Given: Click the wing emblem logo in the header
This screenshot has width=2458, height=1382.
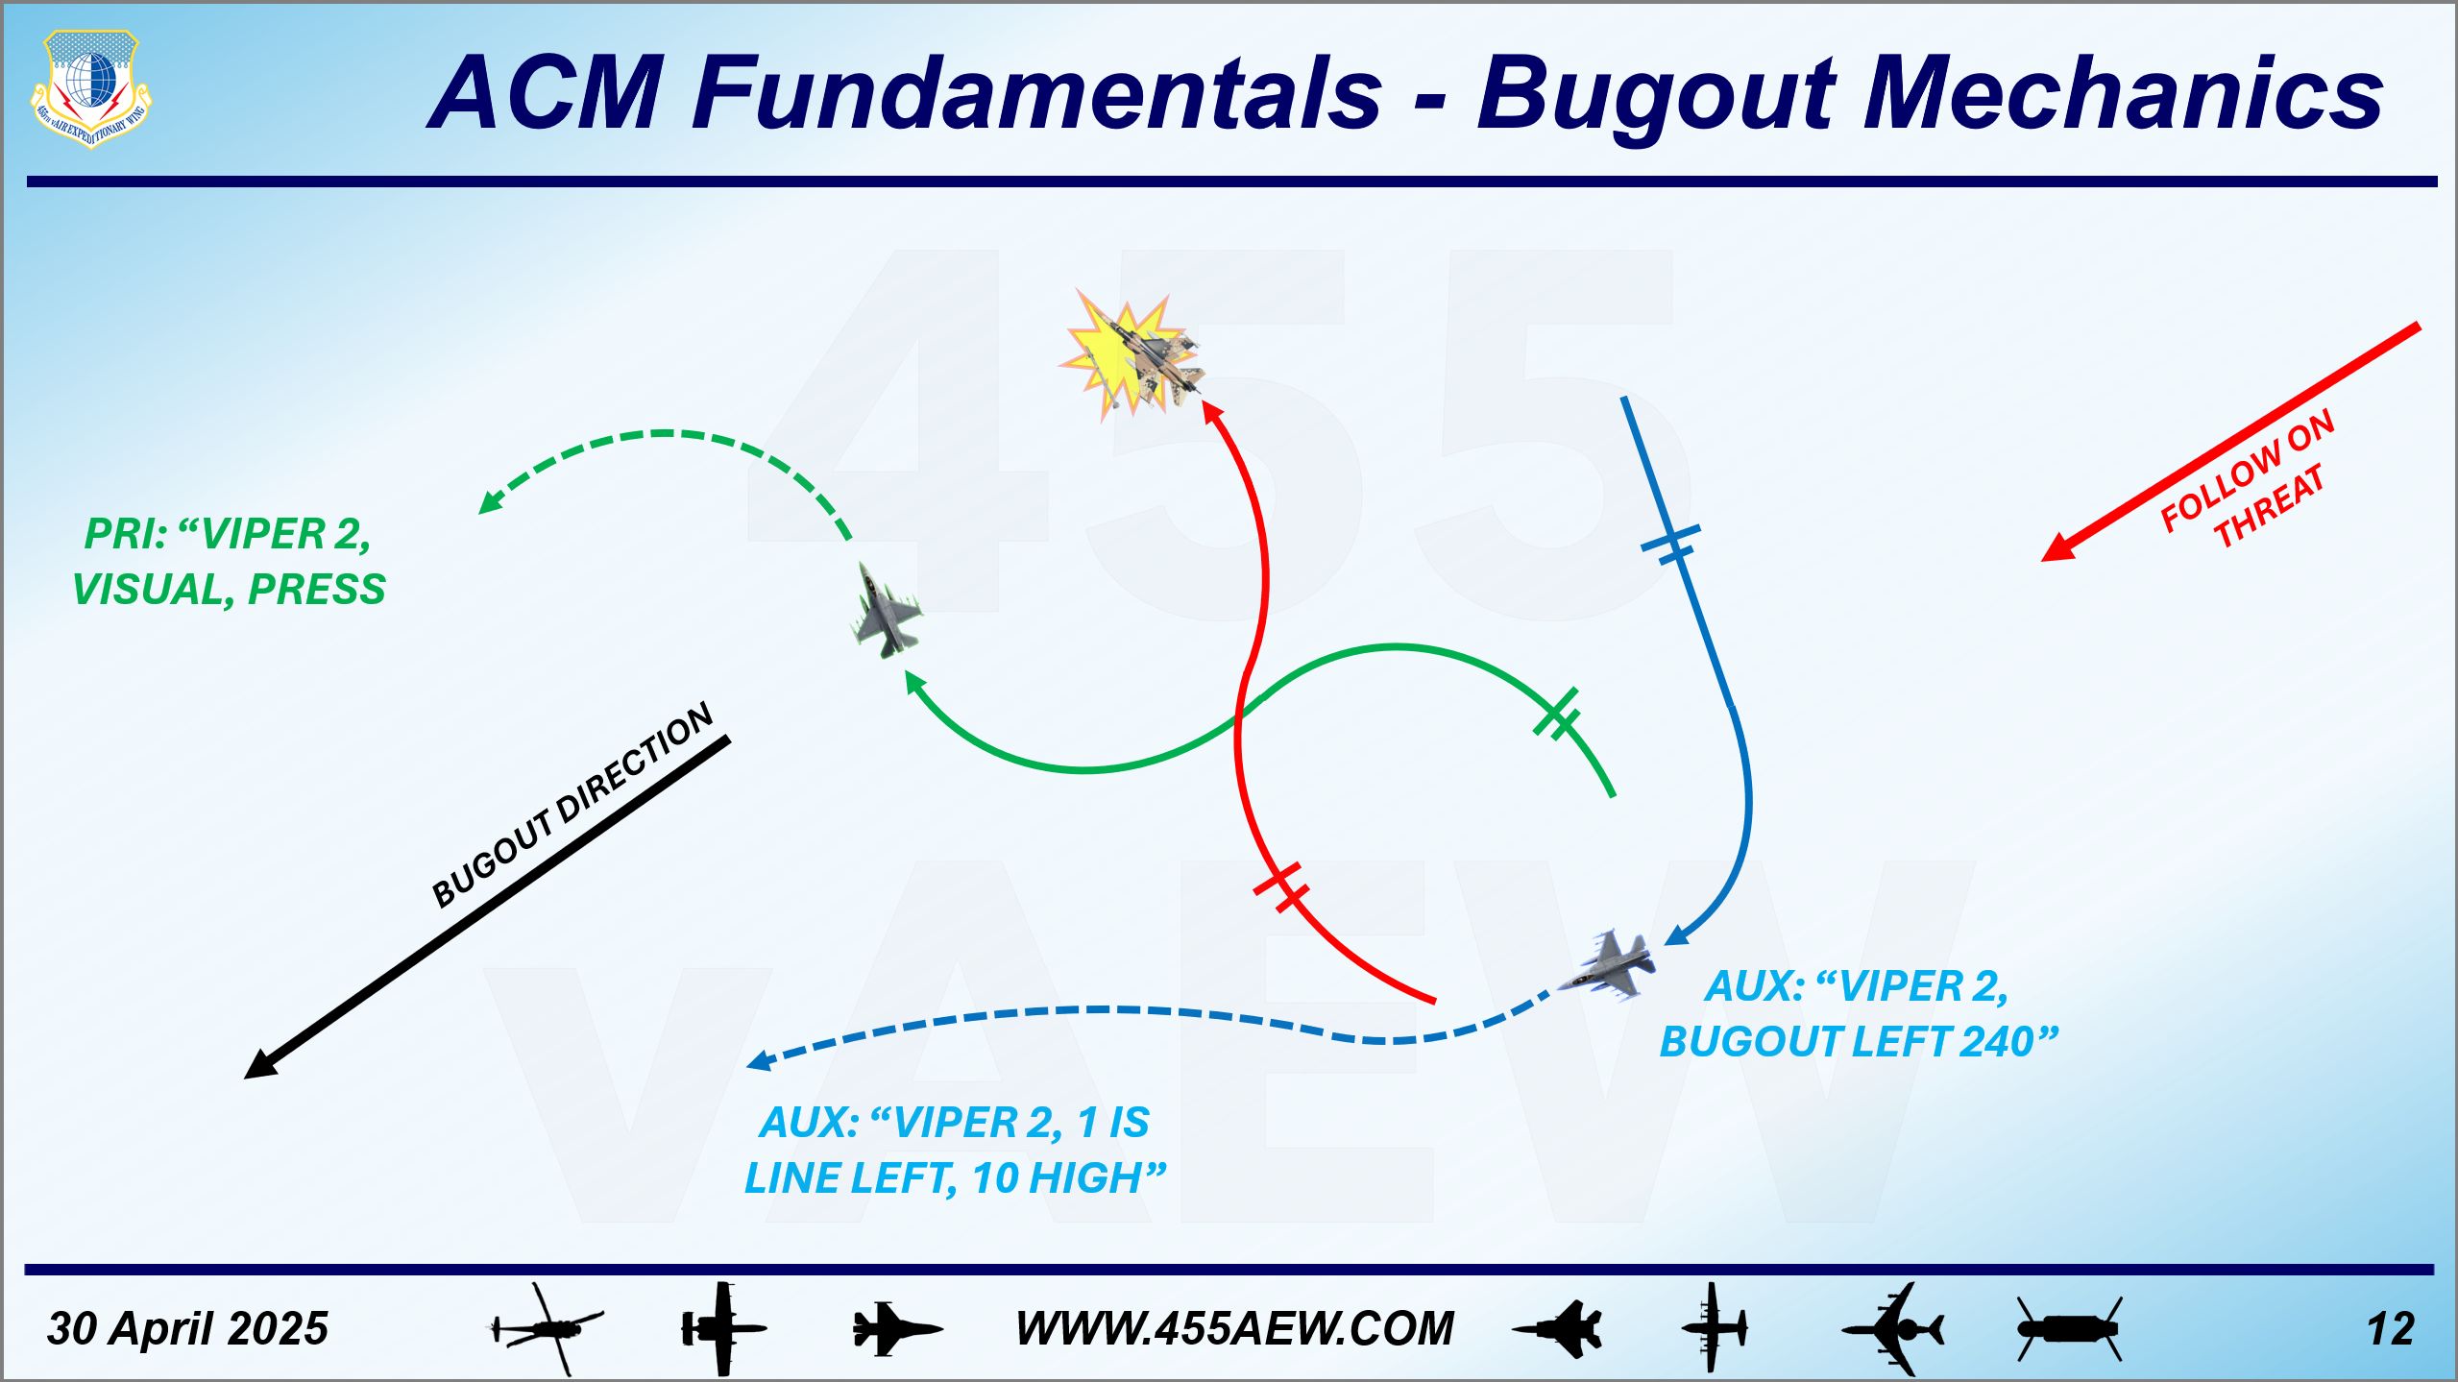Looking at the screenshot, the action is pos(91,88).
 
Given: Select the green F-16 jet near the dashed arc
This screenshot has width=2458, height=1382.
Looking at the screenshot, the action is pos(886,612).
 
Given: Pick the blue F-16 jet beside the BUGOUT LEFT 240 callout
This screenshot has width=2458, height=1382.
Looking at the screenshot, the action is pos(1609,963).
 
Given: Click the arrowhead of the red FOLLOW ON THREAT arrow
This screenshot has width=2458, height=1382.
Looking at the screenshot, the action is pos(2057,548).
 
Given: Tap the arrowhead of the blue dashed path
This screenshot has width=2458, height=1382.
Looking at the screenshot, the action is pos(760,1060).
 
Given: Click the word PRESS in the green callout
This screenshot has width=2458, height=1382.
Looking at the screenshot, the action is pos(317,590).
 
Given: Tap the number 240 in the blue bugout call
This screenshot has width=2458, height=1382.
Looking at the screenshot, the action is pos(1997,1041).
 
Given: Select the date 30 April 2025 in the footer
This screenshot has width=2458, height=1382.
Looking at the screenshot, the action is pos(187,1329).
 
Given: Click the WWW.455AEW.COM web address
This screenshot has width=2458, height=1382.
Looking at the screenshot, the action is pos(1235,1329).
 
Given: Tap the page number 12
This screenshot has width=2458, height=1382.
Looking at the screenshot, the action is pos(2391,1330).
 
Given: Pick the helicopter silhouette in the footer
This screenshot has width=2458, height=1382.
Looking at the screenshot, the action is pos(546,1329).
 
